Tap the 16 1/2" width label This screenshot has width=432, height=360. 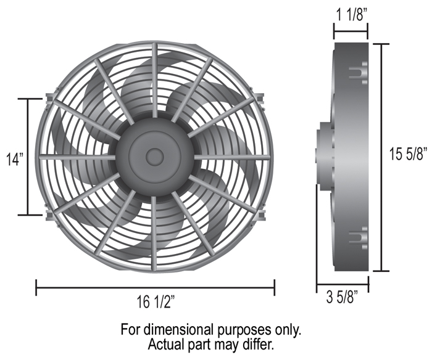tap(156, 301)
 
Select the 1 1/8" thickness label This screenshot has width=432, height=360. tap(352, 15)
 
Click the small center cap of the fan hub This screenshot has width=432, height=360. tap(155, 157)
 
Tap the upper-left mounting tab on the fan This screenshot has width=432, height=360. tap(49, 99)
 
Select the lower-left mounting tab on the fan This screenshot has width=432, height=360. tap(49, 215)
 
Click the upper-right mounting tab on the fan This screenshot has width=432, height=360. tap(260, 98)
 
